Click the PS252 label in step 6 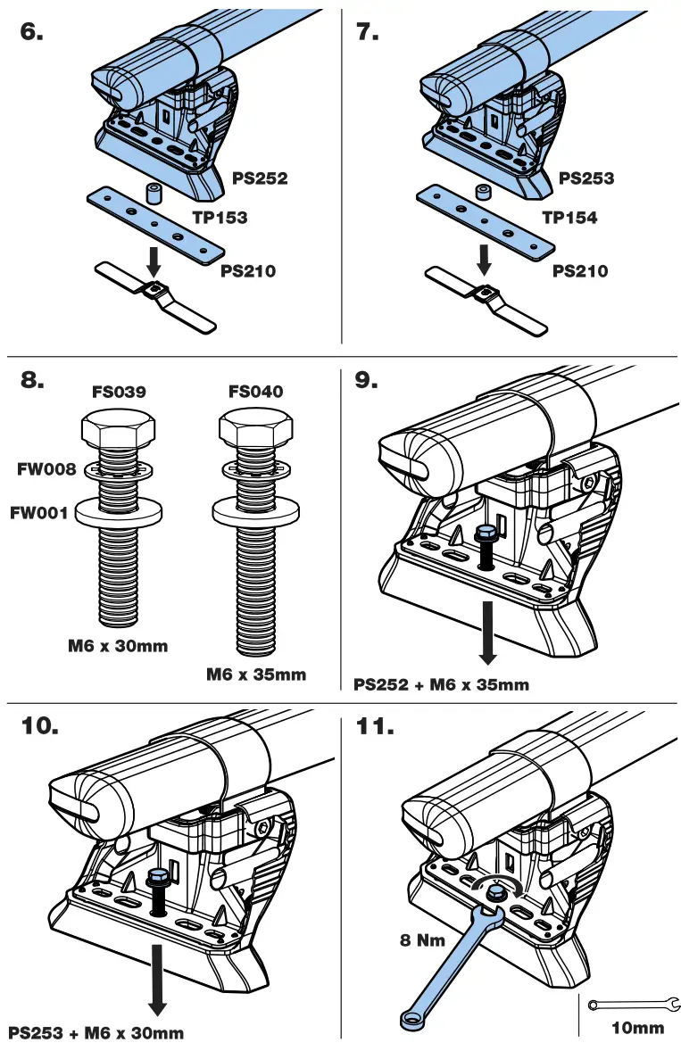[260, 178]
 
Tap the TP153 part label [220, 217]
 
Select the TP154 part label [569, 217]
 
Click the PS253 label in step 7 [586, 178]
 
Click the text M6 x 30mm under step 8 [117, 645]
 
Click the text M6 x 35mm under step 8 [255, 674]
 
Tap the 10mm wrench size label [637, 1028]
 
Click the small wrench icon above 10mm [628, 1005]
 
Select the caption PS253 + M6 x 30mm [96, 1033]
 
